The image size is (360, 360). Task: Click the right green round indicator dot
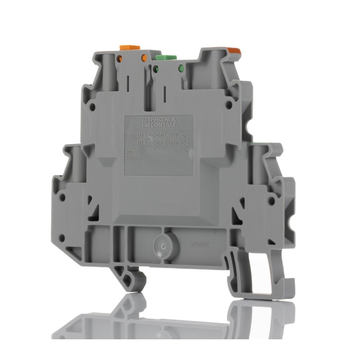[x=181, y=69]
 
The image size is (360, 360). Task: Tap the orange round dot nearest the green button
[x=144, y=58]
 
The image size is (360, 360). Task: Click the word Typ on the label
[x=131, y=135]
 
